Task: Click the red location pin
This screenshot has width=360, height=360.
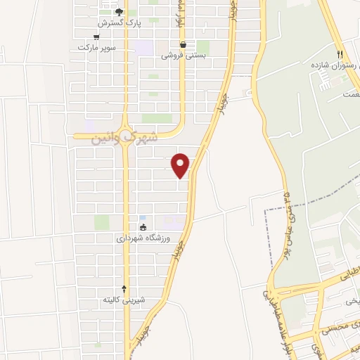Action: pyautogui.click(x=181, y=165)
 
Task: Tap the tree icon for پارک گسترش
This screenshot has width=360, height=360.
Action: pyautogui.click(x=119, y=11)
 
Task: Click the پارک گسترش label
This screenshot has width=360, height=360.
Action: pyautogui.click(x=119, y=22)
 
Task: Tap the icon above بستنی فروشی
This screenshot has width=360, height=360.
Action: pyautogui.click(x=183, y=44)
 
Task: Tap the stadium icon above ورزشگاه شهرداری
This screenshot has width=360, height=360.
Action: pyautogui.click(x=143, y=227)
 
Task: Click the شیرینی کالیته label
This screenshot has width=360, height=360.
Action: pyautogui.click(x=124, y=300)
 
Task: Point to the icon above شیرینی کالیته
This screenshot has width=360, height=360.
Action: pyautogui.click(x=124, y=288)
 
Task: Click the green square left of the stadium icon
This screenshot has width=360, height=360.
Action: pyautogui.click(x=102, y=223)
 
